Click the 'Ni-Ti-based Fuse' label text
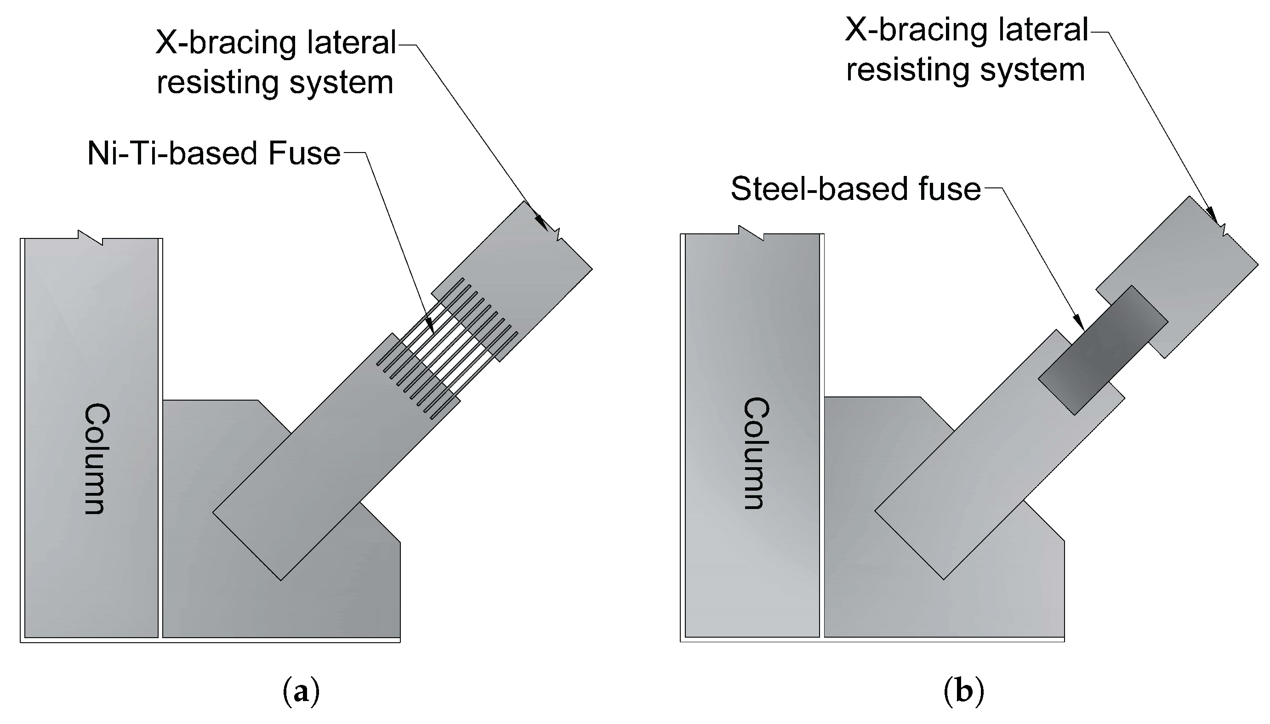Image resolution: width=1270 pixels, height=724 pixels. [214, 153]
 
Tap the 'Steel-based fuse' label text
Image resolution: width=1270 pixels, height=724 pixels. [855, 189]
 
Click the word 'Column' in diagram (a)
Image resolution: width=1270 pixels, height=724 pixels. [96, 458]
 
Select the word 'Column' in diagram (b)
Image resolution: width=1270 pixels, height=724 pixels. [756, 453]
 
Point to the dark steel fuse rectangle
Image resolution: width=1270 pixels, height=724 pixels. [1102, 350]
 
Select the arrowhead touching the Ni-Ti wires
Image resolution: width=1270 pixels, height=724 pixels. [430, 326]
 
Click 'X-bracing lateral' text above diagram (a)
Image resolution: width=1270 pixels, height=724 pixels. [276, 43]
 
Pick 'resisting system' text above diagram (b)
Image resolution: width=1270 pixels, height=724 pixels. [965, 70]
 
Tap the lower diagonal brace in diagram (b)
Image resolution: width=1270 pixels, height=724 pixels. [970, 477]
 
